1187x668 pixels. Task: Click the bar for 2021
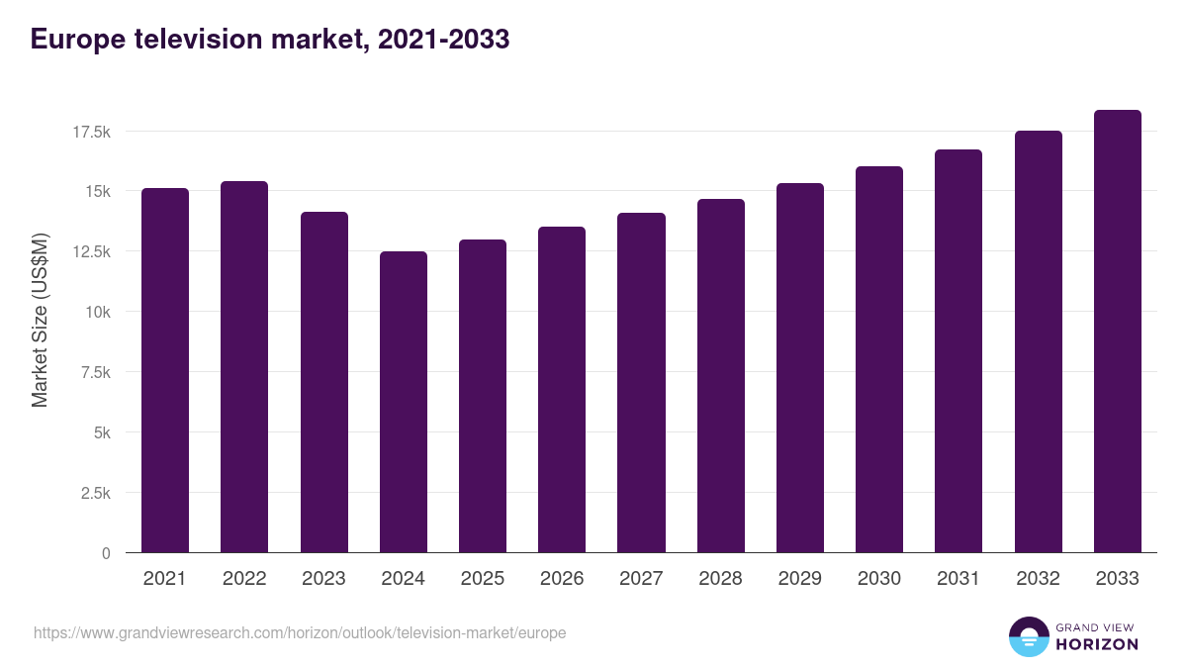click(x=165, y=371)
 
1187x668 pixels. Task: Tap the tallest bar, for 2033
click(x=1118, y=332)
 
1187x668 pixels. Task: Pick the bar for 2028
click(x=721, y=376)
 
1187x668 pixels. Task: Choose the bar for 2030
click(x=879, y=360)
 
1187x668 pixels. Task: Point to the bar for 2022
click(x=244, y=367)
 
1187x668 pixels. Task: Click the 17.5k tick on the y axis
click(x=90, y=131)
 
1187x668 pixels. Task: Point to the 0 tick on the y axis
click(x=106, y=553)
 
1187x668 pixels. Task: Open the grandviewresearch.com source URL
click(x=300, y=632)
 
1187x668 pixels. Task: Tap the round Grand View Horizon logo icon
click(x=1029, y=636)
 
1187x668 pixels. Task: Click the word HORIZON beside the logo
click(x=1097, y=644)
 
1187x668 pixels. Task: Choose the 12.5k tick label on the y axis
click(x=90, y=251)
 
